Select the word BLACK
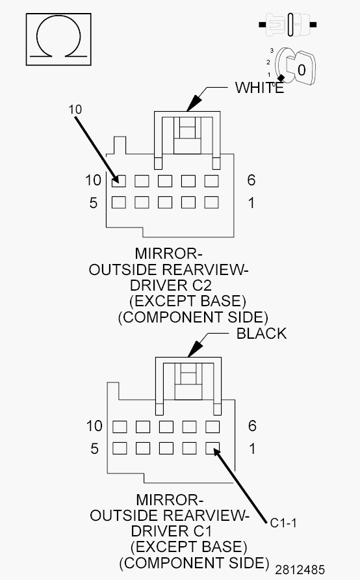261,334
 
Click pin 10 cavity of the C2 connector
118,180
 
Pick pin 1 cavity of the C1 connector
212,448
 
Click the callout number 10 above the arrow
75,109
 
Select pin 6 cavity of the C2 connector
212,180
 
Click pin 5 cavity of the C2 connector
118,202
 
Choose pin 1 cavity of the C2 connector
212,202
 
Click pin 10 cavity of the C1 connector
119,427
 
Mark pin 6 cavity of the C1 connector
212,427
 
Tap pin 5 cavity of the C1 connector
119,448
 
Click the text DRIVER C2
172,285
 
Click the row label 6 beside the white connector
251,180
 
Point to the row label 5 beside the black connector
94,449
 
